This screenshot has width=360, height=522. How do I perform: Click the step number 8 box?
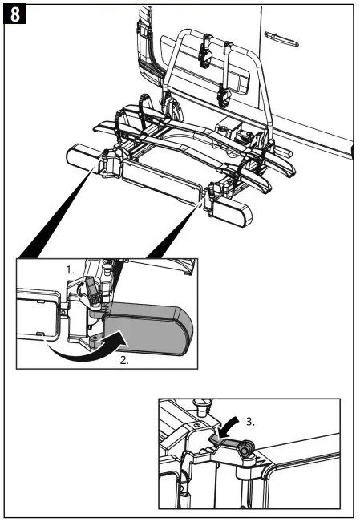point(15,14)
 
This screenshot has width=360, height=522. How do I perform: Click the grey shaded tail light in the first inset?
point(149,330)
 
